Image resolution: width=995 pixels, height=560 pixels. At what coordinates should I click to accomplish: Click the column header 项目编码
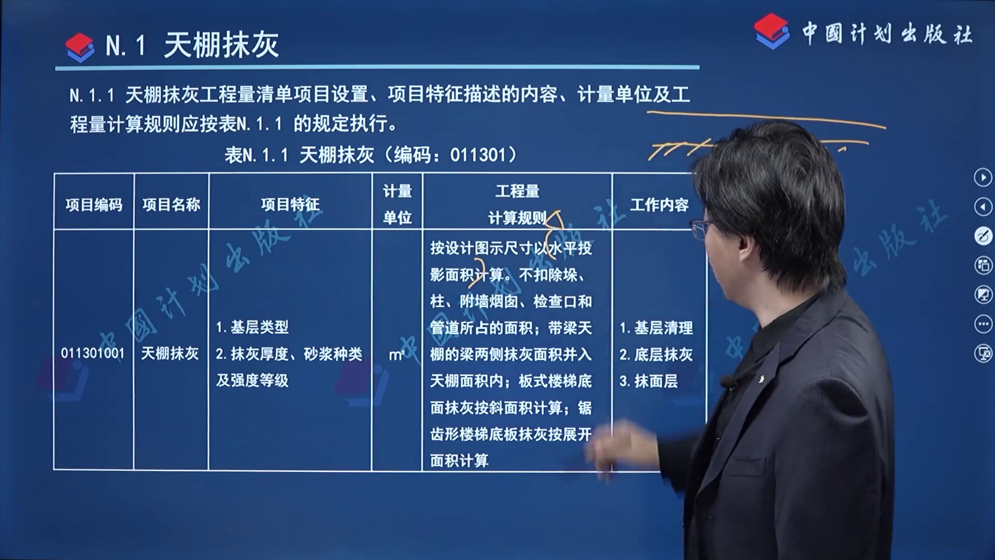[94, 205]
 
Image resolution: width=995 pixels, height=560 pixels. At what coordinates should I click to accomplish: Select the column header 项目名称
[171, 205]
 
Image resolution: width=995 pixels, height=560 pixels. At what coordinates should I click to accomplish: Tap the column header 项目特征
[290, 205]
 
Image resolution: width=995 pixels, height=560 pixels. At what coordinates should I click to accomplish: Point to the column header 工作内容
[659, 205]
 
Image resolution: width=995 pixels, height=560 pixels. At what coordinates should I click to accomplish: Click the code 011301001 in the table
[93, 354]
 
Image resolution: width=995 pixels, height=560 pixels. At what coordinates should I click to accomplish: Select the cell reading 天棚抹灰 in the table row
[170, 354]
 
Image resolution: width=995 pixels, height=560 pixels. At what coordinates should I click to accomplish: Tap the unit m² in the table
[396, 355]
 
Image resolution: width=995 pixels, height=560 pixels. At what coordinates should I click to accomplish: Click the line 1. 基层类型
[252, 327]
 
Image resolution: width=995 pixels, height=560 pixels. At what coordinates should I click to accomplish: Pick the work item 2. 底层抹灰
[656, 355]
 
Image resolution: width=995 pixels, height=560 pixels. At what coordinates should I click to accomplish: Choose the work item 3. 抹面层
[648, 382]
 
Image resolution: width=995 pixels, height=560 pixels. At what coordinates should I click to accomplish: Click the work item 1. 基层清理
[656, 328]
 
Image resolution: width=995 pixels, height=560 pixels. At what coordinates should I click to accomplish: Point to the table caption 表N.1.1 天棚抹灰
[300, 155]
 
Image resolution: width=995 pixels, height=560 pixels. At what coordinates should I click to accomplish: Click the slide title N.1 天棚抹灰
[192, 45]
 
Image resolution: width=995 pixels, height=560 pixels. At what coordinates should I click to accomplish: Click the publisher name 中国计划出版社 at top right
[887, 34]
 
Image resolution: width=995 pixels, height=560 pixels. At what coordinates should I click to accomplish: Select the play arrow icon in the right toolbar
[983, 177]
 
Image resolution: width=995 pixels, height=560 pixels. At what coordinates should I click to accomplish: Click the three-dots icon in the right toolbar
[983, 325]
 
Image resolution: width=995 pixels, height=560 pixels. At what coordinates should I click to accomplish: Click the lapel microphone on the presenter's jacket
[729, 383]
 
